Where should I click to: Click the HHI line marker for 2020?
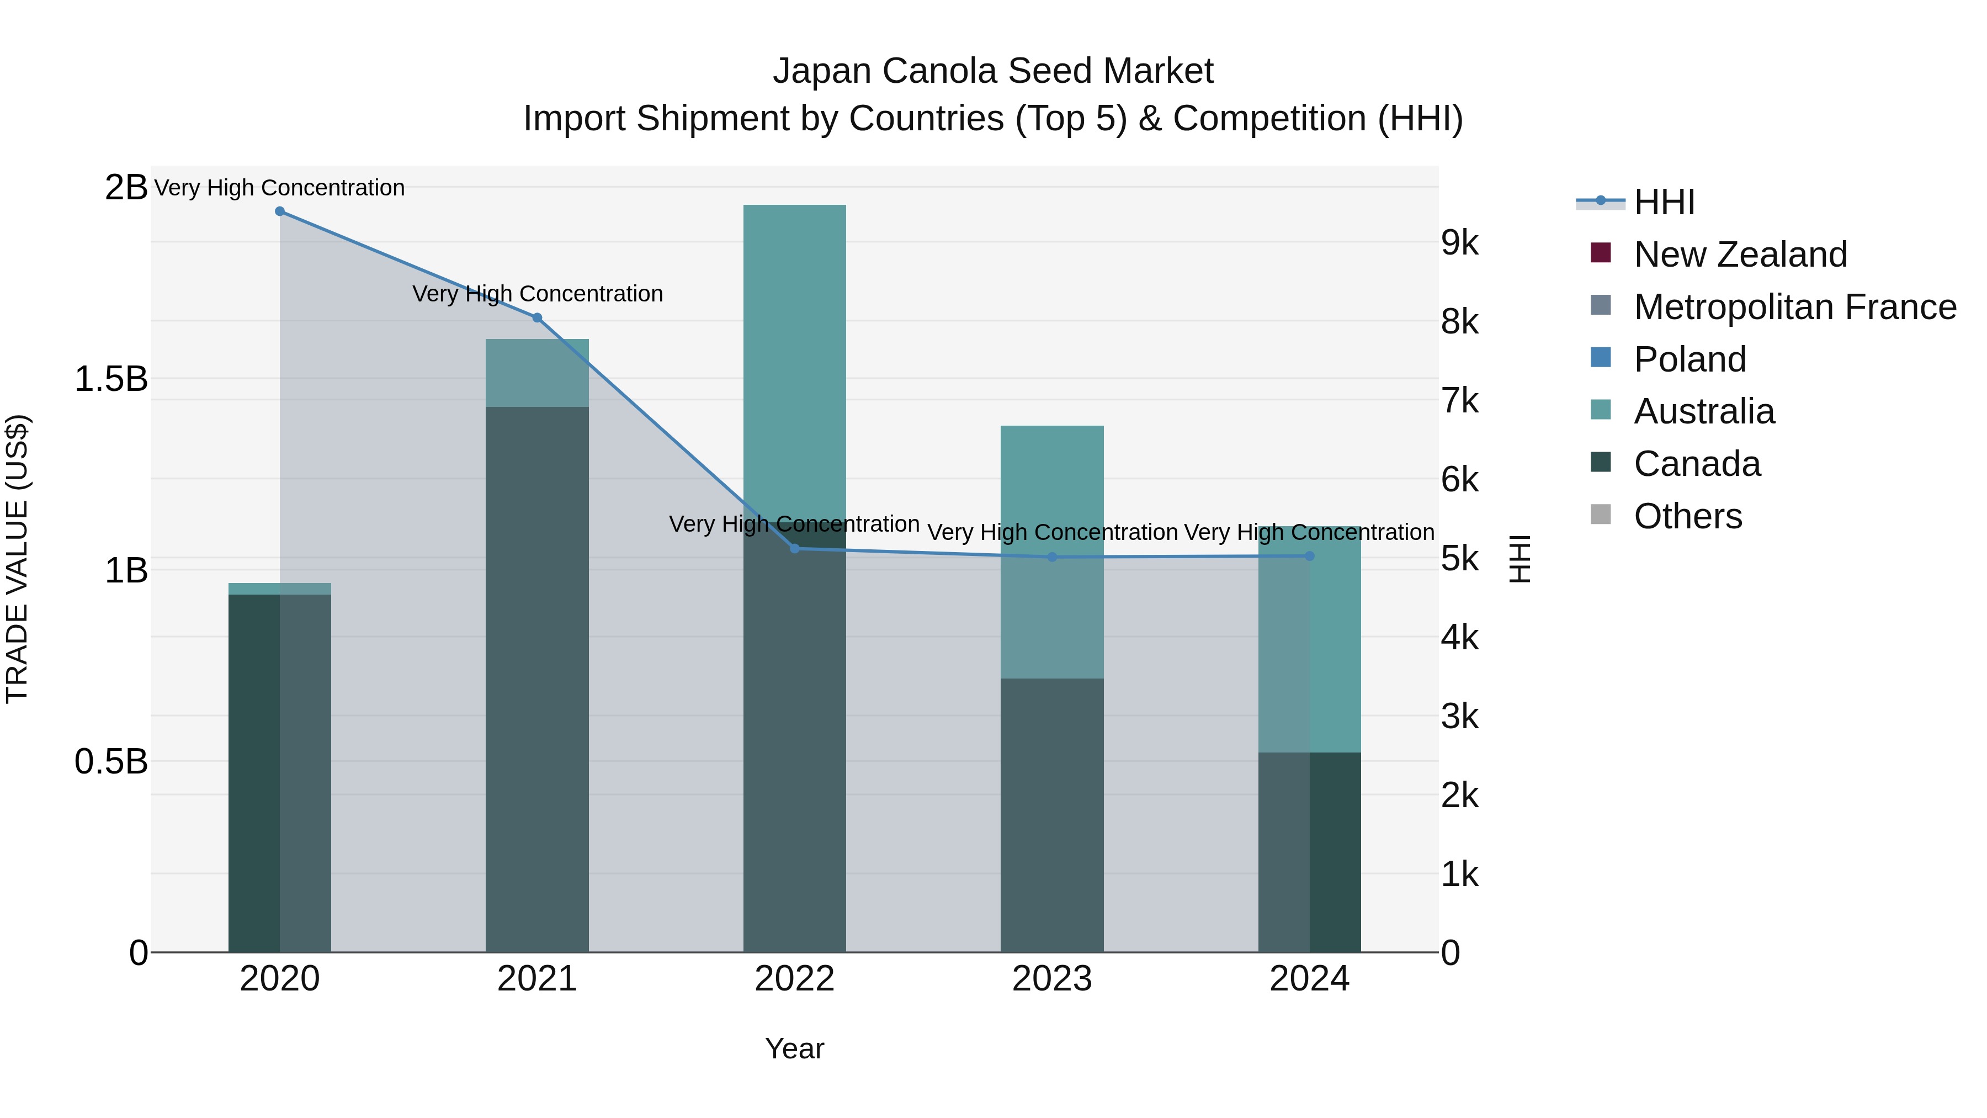click(280, 211)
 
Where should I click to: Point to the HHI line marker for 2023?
click(1052, 557)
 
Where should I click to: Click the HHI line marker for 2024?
click(1310, 557)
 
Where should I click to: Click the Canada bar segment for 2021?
click(537, 679)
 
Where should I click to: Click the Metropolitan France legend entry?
click(1795, 307)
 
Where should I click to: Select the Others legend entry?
click(1688, 516)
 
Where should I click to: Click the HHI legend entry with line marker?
click(1664, 202)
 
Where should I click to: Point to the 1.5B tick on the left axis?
click(111, 379)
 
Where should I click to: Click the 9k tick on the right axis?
click(1460, 242)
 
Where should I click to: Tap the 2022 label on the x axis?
click(794, 979)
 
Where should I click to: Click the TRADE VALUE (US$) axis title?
click(17, 559)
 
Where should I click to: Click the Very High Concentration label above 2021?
click(538, 294)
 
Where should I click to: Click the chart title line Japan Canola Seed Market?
click(993, 71)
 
